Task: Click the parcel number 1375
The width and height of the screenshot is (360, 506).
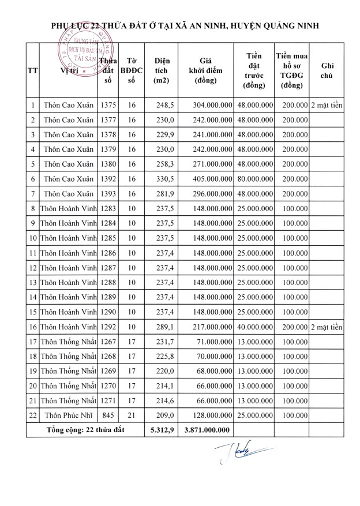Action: click(108, 106)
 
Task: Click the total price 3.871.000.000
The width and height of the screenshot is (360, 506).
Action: click(207, 429)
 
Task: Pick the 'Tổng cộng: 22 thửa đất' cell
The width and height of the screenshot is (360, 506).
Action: click(85, 429)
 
